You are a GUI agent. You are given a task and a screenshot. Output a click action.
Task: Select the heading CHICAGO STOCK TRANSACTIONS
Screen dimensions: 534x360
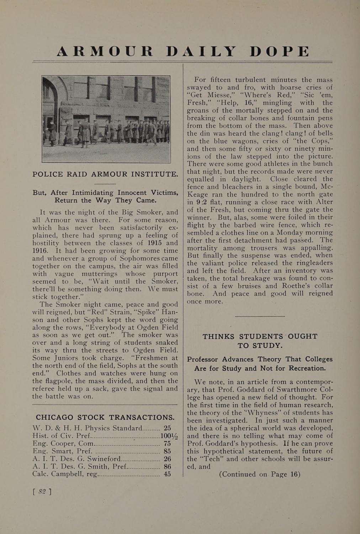click(105, 417)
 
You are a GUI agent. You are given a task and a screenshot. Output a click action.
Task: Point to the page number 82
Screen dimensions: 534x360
click(42, 492)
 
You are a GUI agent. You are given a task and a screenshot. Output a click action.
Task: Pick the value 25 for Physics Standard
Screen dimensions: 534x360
click(167, 428)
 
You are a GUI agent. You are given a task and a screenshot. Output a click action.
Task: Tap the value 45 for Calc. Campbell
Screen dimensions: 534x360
click(167, 474)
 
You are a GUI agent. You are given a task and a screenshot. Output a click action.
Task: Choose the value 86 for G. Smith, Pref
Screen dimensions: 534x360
click(167, 466)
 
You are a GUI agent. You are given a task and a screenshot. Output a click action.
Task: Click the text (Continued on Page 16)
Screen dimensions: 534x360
click(260, 475)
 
